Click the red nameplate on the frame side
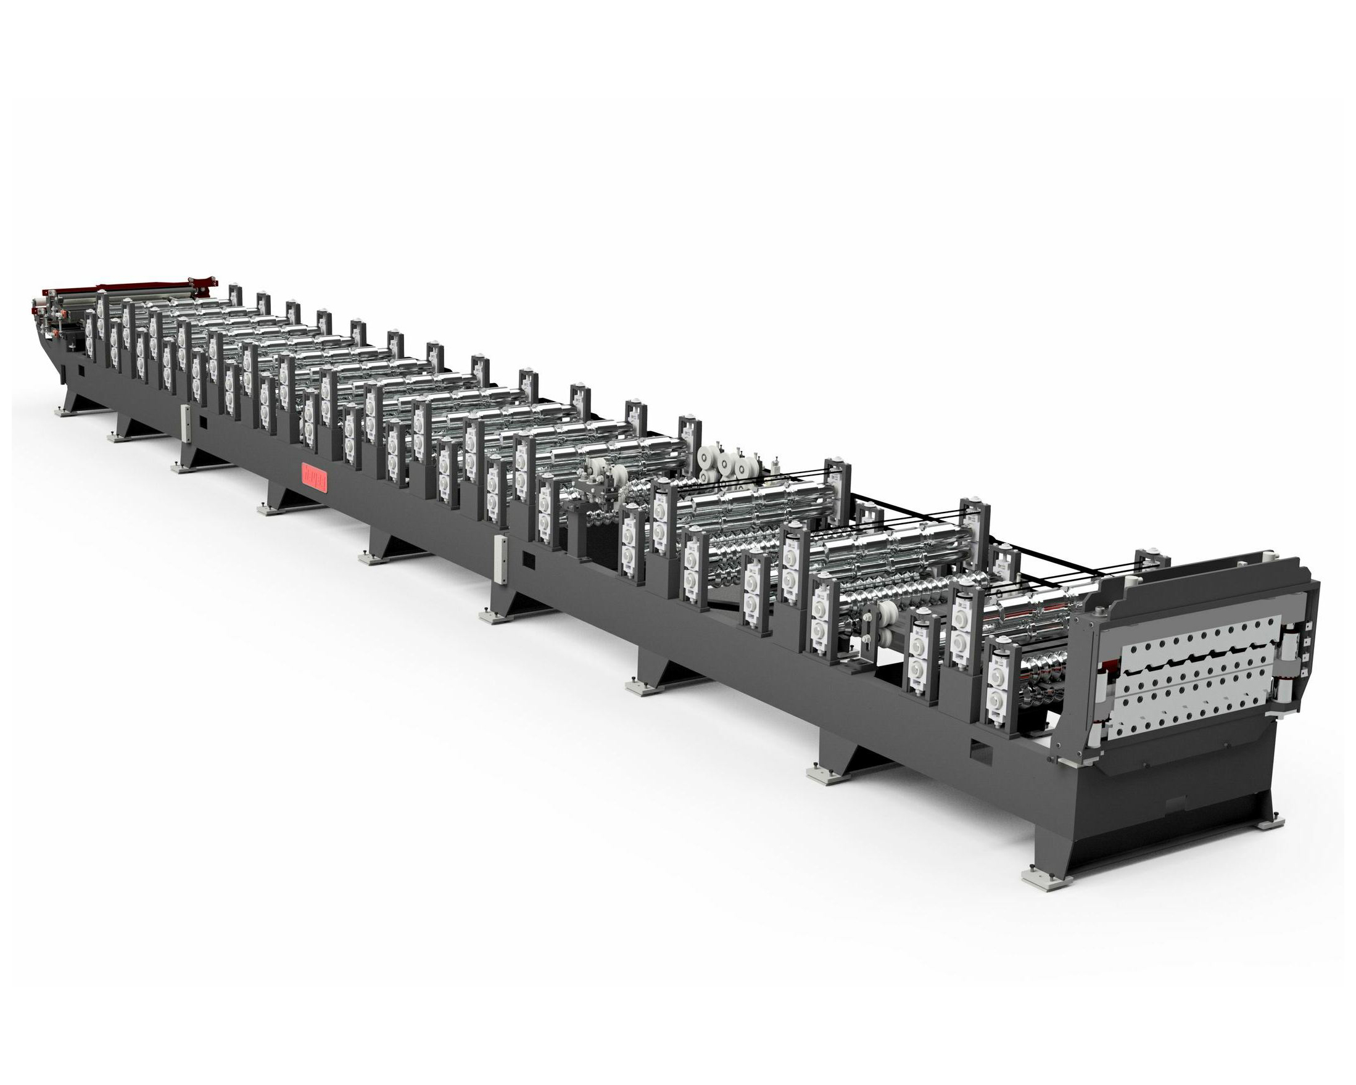coord(315,476)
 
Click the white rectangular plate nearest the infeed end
coord(185,423)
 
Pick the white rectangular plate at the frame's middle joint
coord(502,559)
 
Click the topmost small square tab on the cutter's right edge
coord(1309,626)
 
